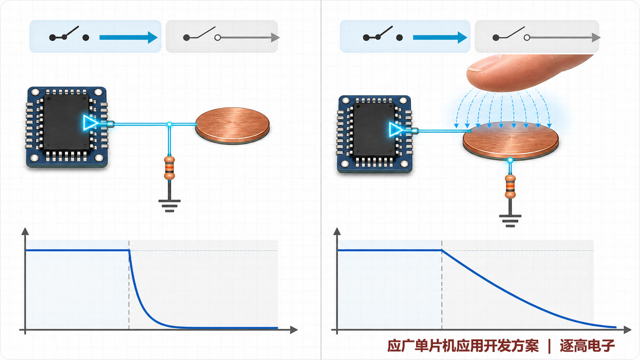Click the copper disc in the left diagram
[233, 125]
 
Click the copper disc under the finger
[511, 140]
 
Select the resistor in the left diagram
[170, 168]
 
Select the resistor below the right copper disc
[510, 187]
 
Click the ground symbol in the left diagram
[170, 206]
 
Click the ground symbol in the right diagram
[510, 221]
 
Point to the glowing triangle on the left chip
[90, 123]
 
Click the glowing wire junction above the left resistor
[170, 124]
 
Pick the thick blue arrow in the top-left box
[128, 37]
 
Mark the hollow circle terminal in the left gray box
[217, 37]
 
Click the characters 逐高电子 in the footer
[587, 346]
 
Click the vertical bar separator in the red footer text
[549, 346]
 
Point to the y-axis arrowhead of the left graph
[25, 231]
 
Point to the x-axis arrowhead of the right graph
[627, 330]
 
